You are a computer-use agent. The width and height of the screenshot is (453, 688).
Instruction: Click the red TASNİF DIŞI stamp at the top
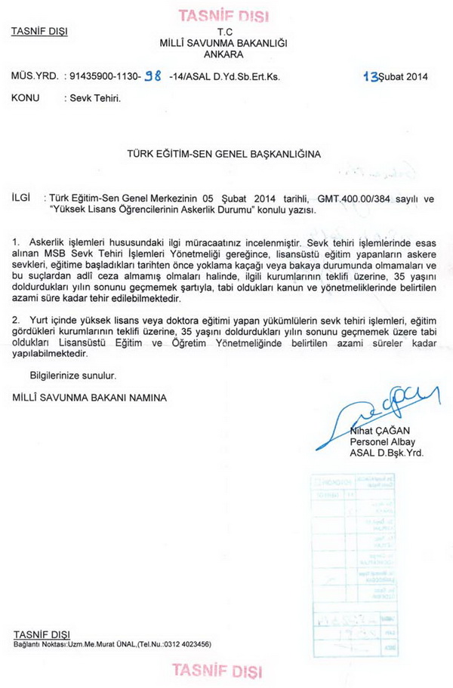coord(223,15)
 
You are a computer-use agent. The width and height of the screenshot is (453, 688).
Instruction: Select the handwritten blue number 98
coord(153,76)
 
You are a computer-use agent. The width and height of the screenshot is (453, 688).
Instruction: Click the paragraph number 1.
coord(16,241)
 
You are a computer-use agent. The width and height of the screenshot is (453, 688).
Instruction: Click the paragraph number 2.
coord(16,321)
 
